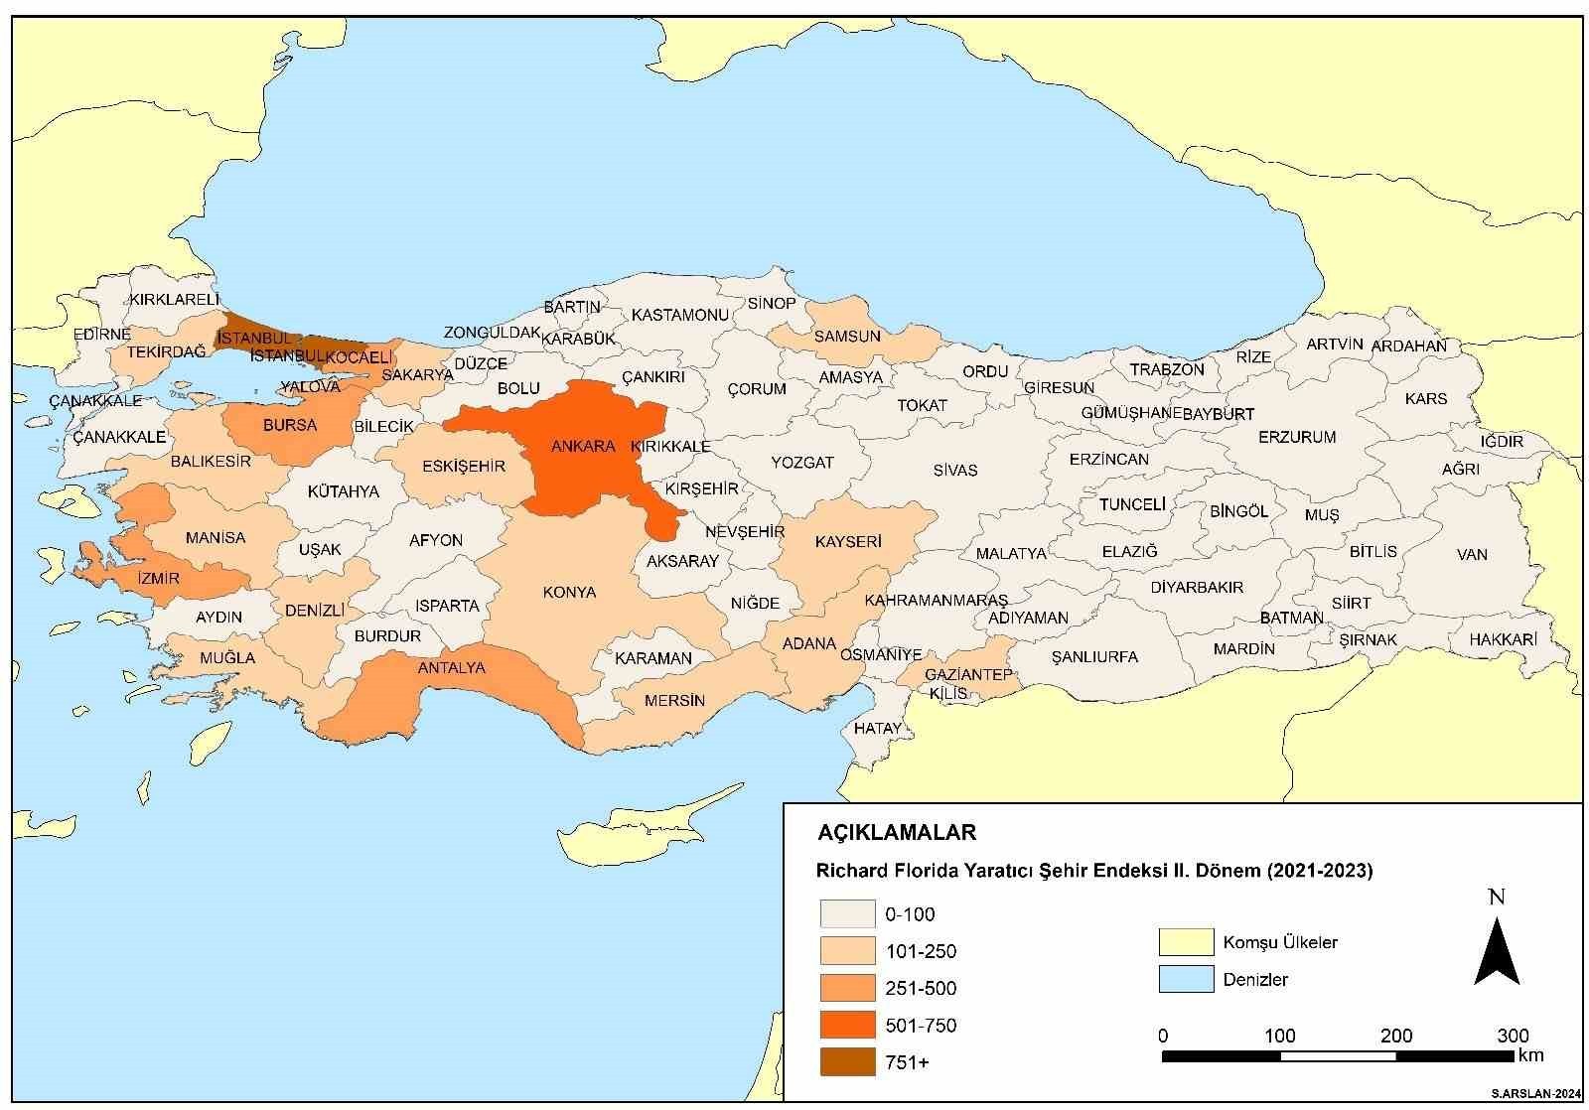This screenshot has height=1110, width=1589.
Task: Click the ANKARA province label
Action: point(583,446)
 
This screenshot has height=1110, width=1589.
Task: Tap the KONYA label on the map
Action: point(569,593)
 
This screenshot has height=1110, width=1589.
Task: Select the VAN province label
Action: point(1472,554)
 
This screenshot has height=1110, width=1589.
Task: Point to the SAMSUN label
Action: point(847,336)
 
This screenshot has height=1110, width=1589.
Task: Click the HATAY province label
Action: point(877,728)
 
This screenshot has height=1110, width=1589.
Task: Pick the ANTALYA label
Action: point(451,667)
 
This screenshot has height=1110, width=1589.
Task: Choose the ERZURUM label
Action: point(1297,437)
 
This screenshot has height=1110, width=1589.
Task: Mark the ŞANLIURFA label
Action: point(1094,657)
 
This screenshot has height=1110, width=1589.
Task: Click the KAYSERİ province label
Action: point(847,542)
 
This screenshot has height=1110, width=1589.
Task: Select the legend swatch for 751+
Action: point(847,1062)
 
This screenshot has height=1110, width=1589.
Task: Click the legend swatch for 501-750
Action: point(847,1026)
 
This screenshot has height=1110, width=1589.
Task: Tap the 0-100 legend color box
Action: point(847,914)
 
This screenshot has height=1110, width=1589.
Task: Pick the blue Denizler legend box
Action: point(1186,979)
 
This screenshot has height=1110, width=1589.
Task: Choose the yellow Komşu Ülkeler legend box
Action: point(1186,942)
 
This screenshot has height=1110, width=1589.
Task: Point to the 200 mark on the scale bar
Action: point(1396,1037)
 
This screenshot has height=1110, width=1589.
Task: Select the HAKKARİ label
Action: point(1503,640)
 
